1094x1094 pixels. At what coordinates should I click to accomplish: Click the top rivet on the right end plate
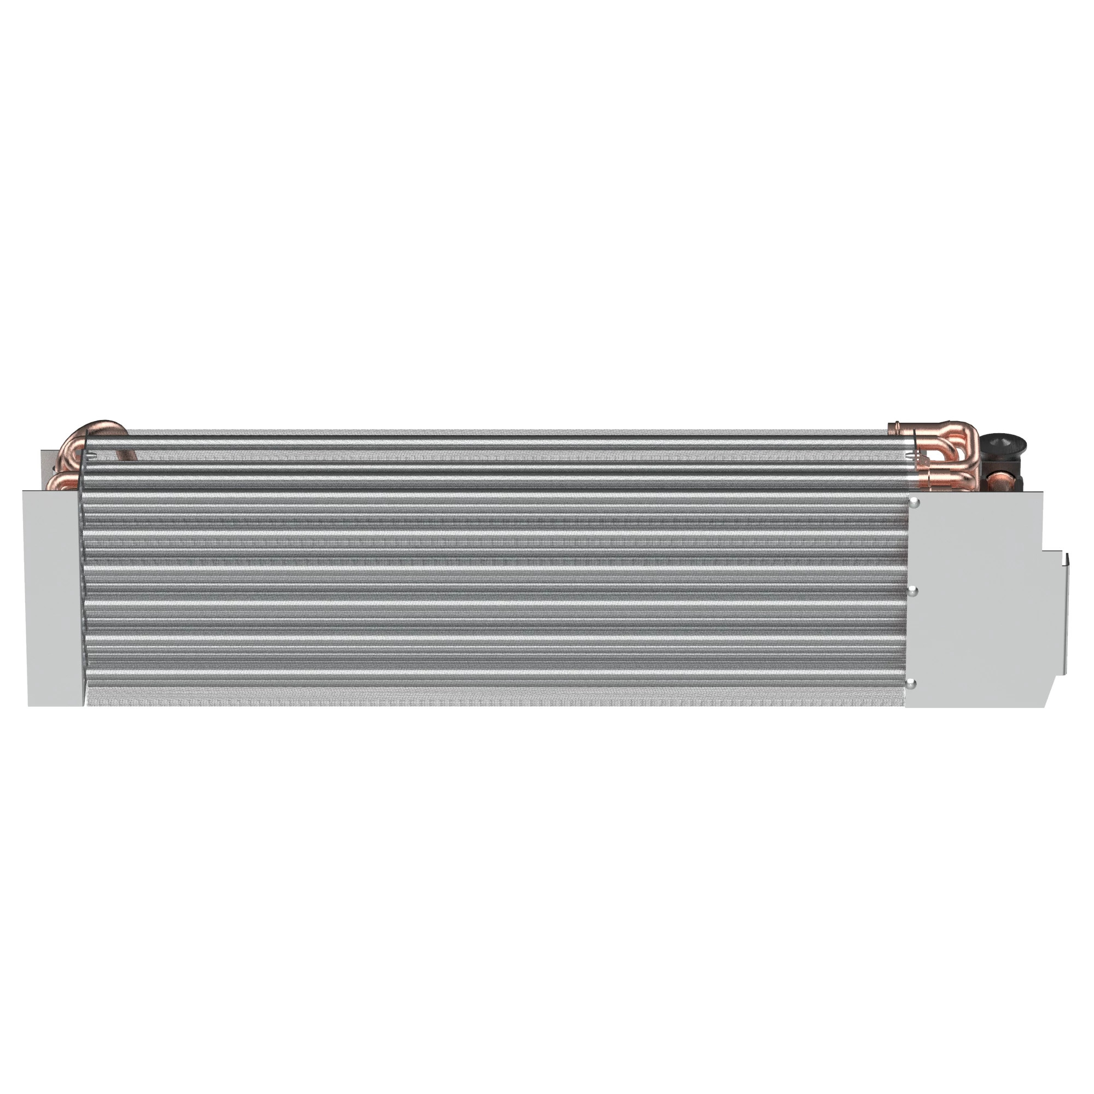[914, 503]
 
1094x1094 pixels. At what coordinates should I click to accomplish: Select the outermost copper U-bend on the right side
[971, 447]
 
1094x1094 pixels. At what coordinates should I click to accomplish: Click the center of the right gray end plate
[974, 600]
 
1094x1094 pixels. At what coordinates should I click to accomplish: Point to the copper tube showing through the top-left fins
[127, 456]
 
